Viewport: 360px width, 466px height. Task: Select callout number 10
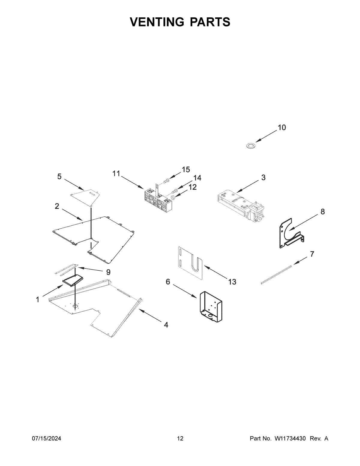(281, 128)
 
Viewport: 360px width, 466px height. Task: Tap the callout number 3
(263, 177)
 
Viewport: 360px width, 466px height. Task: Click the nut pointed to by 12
(173, 197)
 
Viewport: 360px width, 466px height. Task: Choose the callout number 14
(197, 178)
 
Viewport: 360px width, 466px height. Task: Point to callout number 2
(57, 206)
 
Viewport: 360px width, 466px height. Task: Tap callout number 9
(108, 272)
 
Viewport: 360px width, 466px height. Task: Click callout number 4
(166, 324)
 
